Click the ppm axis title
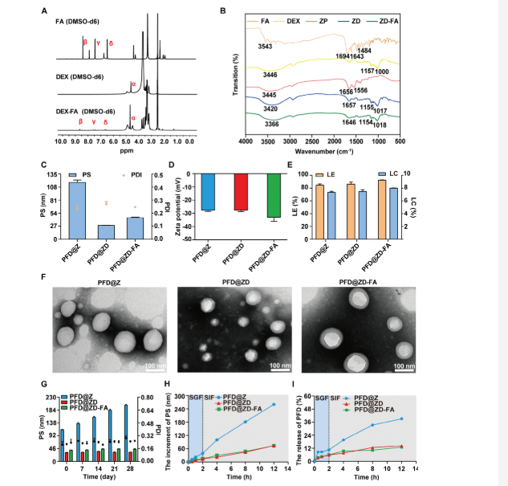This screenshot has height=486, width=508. point(125,150)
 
